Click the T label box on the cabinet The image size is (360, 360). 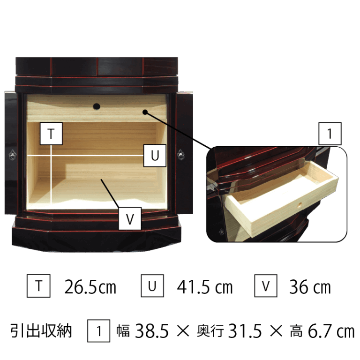(51, 134)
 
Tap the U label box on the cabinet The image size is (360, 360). (155, 156)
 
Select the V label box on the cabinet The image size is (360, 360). (130, 218)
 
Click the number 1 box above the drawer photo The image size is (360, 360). (330, 134)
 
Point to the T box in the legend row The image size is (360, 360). (38, 286)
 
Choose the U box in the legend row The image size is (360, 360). (152, 285)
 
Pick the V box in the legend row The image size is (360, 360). (266, 285)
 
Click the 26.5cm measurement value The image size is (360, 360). (90, 287)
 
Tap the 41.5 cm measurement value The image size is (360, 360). (205, 287)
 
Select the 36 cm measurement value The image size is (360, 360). (310, 287)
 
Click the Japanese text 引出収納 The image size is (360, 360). (41, 331)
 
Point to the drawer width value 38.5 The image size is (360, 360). (152, 331)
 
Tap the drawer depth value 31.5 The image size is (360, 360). (245, 331)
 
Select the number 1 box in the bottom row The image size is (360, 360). (98, 331)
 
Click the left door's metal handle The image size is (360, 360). (12, 155)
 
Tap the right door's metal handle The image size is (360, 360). (180, 155)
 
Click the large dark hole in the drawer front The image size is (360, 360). (97, 106)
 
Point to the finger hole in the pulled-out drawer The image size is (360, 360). (300, 205)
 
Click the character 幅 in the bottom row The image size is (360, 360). (123, 331)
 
